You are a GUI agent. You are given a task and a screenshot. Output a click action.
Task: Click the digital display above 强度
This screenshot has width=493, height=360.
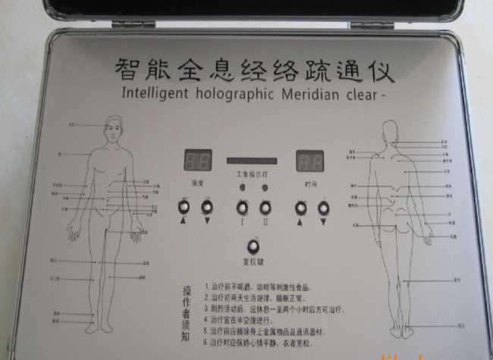198,161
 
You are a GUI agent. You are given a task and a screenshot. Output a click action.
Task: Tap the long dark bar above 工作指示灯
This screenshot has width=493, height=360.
253,161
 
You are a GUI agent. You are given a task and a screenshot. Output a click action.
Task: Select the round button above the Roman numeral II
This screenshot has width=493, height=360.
265,207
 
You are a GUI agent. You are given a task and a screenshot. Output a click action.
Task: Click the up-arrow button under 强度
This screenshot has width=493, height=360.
184,206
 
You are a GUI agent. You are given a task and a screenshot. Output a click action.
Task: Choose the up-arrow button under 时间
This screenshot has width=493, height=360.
300,207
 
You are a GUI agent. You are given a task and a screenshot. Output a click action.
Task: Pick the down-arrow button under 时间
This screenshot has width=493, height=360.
324,207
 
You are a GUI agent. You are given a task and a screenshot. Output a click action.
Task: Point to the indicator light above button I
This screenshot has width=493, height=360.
243,187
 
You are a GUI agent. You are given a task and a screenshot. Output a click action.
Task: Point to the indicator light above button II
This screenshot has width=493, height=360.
265,187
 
